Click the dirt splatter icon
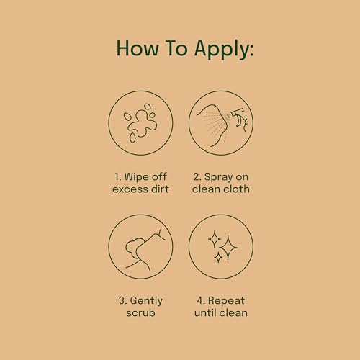click(x=140, y=124)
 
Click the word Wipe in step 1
click(x=138, y=175)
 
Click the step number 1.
click(x=117, y=175)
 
